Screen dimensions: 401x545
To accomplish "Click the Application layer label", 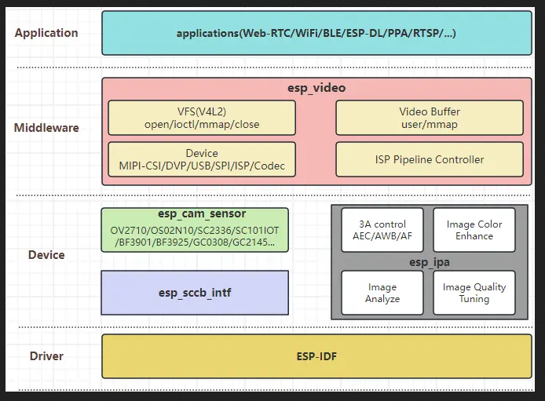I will click(x=46, y=33).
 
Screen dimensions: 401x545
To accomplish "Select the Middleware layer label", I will click(x=46, y=128).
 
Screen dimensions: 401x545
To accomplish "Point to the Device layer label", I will click(x=46, y=255).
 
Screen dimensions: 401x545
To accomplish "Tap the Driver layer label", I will click(x=46, y=356).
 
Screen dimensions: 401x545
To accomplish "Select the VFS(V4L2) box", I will click(x=202, y=118).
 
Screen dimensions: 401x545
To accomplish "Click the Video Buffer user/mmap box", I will click(x=429, y=118).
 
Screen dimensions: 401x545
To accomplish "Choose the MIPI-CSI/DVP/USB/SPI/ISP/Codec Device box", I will click(x=202, y=159).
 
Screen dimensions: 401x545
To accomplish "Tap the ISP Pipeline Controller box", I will click(x=429, y=159).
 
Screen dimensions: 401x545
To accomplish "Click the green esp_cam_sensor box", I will click(x=194, y=229).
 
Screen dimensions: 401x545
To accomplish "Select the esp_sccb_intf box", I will click(x=194, y=293).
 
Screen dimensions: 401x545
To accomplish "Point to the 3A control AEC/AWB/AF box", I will click(x=382, y=230).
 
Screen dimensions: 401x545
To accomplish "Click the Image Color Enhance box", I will click(x=474, y=230).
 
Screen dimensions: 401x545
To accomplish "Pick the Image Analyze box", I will click(x=382, y=293).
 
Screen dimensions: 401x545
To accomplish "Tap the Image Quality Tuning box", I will click(x=474, y=293).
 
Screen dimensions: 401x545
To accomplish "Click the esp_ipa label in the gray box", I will click(x=428, y=261).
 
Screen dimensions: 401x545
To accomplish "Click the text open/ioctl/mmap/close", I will click(x=202, y=124).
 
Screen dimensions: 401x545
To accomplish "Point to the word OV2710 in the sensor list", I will click(x=128, y=229).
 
